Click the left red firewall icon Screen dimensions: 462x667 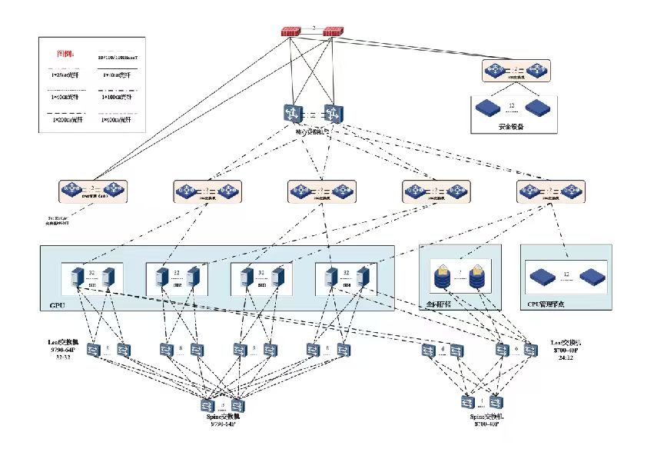coord(291,32)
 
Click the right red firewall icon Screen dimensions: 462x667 coord(333,32)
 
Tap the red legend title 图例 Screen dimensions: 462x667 coord(66,54)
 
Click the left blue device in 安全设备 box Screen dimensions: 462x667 coord(487,107)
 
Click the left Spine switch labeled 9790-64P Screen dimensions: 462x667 coord(207,404)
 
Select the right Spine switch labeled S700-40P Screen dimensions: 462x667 coord(497,401)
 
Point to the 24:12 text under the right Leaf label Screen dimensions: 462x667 coord(568,358)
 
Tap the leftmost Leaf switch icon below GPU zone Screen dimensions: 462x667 coord(94,351)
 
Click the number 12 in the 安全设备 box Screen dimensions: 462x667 coord(511,105)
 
